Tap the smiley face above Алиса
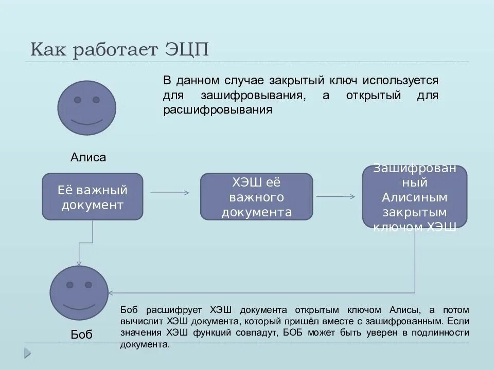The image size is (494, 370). tap(86, 107)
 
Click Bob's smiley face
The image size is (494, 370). tap(79, 295)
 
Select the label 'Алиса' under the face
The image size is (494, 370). tap(88, 157)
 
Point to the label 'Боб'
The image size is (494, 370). tap(81, 335)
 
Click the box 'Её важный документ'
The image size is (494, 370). tap(93, 197)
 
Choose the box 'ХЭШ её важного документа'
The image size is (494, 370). tap(256, 197)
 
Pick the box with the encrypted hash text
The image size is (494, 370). tap(415, 197)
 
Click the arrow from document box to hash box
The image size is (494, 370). tap(170, 193)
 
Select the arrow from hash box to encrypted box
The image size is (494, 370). tap(336, 196)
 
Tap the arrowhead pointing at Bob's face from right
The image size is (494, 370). tap(111, 293)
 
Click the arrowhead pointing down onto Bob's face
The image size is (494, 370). tap(79, 263)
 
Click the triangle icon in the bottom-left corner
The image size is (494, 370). tap(27, 353)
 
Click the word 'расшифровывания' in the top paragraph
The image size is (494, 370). tap(217, 110)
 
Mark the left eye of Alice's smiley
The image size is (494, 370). tap(78, 100)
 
